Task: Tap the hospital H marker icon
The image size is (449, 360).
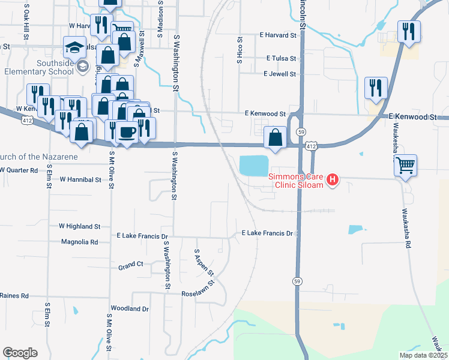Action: click(333, 179)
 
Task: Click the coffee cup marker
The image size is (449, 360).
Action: click(127, 131)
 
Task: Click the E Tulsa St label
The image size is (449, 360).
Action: click(281, 58)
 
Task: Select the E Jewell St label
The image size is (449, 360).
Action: click(280, 74)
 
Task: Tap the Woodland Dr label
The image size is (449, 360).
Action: click(129, 308)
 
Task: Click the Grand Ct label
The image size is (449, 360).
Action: click(131, 265)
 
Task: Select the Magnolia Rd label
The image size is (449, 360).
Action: click(79, 242)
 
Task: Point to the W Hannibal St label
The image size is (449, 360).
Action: click(80, 179)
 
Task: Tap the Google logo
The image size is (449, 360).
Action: click(20, 353)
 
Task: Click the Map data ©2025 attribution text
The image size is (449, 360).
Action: click(424, 355)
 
